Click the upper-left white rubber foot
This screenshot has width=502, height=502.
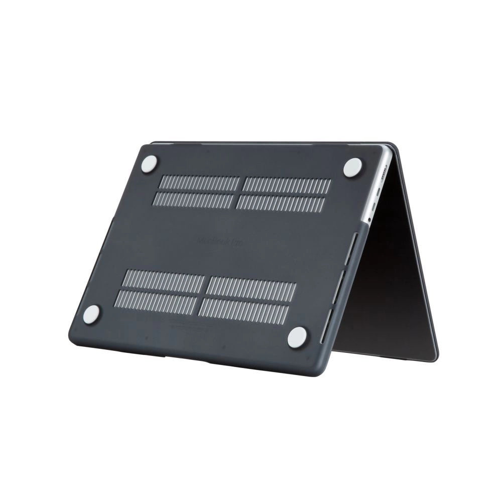pos(149,164)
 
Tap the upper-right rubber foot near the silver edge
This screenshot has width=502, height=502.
pos(352,167)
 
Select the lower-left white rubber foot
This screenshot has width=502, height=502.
pos(91,314)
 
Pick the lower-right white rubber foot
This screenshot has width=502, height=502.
pos(297,337)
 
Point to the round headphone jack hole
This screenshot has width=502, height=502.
pos(369,219)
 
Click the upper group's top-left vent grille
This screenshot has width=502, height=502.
pos(199,183)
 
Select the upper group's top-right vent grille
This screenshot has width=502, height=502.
pos(287,185)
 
